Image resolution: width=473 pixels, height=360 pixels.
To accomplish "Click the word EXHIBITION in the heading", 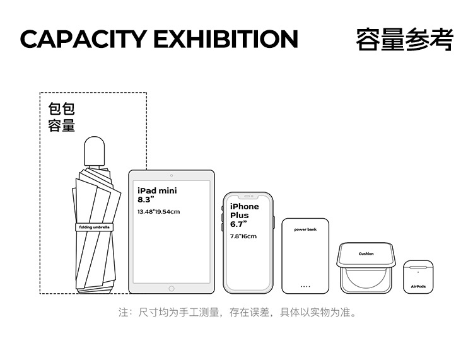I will (x=225, y=39).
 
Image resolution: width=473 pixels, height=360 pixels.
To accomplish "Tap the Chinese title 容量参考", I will (x=404, y=39).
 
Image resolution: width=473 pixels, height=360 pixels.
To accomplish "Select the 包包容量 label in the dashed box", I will (x=62, y=117).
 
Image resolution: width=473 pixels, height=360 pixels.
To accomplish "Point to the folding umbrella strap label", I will (x=94, y=227).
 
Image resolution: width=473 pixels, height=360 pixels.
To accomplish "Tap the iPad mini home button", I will (x=171, y=287).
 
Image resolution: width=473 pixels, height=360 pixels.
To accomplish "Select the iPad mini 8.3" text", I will (x=157, y=194).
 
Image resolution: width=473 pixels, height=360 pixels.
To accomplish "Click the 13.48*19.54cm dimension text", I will (x=158, y=211).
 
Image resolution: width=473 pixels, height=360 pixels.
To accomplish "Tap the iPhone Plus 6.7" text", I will (x=244, y=215).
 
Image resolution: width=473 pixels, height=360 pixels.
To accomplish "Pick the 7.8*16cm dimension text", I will (x=243, y=236).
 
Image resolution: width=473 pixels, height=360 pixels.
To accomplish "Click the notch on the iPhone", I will (x=248, y=196).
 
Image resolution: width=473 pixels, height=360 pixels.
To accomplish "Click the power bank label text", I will (x=305, y=229).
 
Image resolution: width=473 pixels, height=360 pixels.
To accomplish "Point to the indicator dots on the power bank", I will (x=305, y=286).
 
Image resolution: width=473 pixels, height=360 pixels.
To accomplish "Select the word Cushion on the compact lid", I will (x=366, y=253).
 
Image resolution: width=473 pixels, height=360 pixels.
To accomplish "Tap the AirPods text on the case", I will (x=418, y=286).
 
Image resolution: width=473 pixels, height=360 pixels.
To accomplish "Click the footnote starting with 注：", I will (x=238, y=313).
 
